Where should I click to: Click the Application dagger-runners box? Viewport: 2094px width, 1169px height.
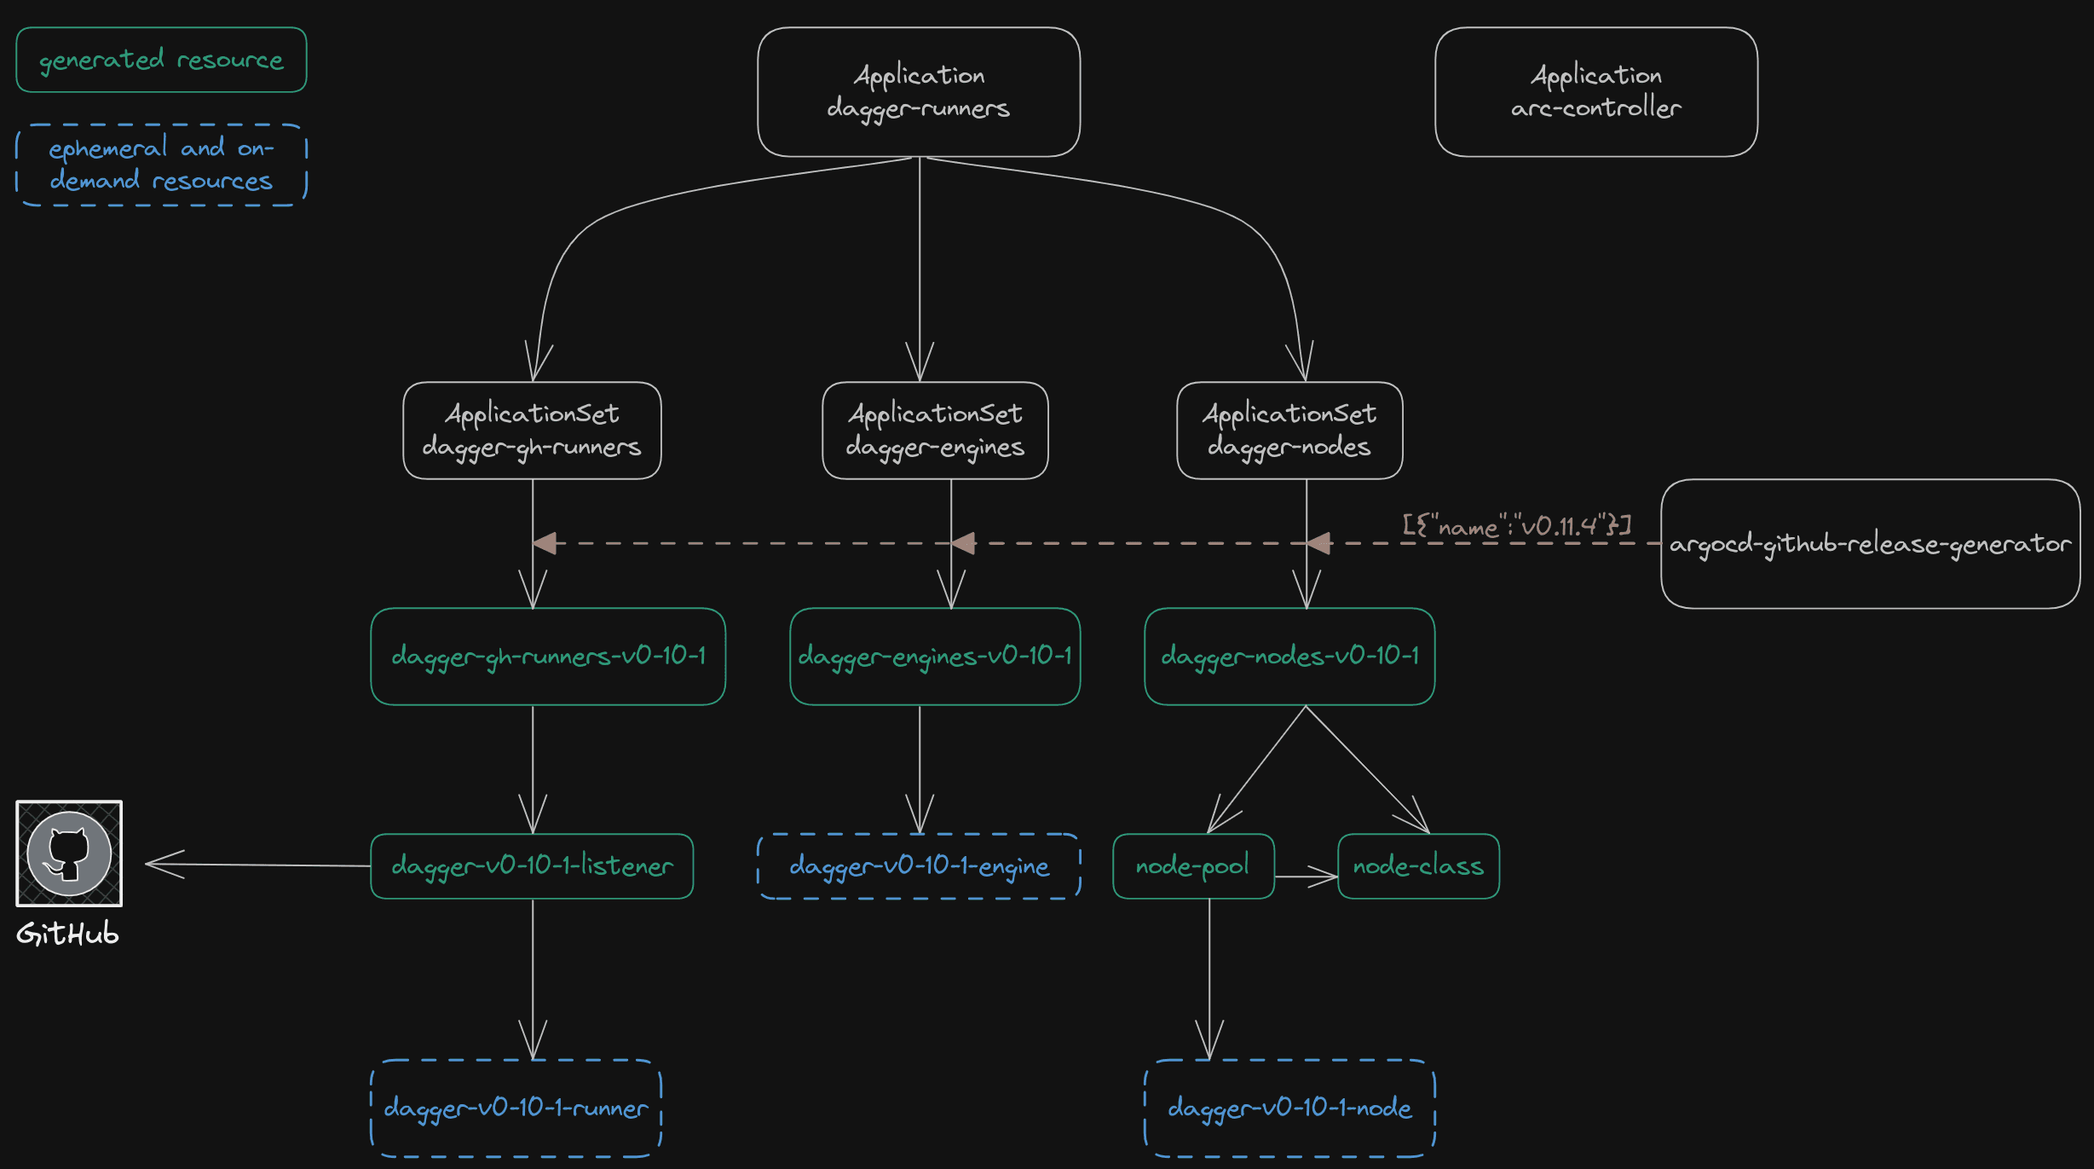919,92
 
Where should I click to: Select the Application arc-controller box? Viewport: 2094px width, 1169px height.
1595,92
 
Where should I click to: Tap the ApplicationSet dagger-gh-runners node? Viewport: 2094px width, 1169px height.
532,431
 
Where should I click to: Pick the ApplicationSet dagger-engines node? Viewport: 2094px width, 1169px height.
935,431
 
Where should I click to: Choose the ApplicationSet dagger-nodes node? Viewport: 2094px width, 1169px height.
1289,431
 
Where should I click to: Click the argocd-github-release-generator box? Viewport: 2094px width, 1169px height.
1870,544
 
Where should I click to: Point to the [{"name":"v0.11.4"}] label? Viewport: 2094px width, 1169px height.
1517,525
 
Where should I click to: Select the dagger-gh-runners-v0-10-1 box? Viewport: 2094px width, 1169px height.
548,657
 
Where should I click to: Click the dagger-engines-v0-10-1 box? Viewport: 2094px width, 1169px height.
935,657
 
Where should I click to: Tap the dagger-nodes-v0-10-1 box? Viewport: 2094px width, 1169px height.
1289,657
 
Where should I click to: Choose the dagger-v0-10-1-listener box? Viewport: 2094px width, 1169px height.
532,866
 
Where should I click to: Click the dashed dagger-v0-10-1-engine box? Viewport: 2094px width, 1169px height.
919,866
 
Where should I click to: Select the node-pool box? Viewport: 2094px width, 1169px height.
1192,866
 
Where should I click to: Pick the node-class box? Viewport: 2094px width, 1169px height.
1418,866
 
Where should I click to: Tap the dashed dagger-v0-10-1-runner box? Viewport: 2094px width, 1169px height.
516,1108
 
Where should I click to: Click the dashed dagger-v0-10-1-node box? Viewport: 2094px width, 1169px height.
1289,1108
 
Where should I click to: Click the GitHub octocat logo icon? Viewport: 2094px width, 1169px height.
69,854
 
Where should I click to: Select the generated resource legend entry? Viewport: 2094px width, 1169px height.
161,60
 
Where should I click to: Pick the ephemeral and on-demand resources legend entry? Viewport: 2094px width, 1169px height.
161,165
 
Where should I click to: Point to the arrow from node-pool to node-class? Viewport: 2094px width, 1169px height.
1306,876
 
